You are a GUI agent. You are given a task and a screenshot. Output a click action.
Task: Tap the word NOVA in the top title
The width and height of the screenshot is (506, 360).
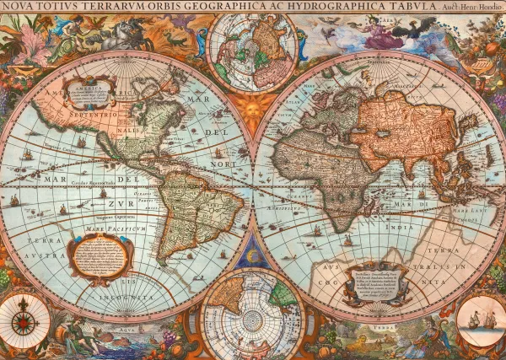pos(19,7)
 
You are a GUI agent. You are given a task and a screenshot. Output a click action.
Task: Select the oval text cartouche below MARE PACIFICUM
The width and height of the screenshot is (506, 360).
pos(99,255)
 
